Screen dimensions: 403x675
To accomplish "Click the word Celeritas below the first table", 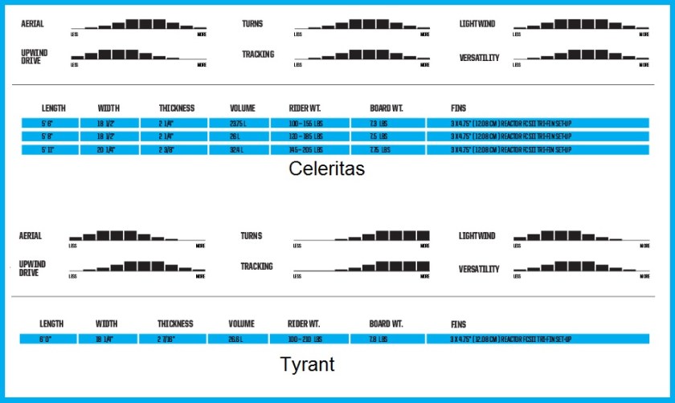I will point(326,169).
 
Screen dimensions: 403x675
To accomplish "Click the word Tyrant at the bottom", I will point(308,364).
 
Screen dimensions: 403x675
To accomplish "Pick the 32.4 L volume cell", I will point(238,150).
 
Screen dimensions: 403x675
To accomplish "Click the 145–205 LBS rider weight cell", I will point(308,150).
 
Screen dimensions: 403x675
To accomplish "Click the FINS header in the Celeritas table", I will point(459,108).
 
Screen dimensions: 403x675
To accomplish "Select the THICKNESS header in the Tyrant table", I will point(176,324).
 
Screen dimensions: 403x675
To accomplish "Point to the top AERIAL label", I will point(33,24).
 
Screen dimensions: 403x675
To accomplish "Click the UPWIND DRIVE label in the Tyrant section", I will point(33,268).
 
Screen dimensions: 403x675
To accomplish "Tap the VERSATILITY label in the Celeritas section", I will point(479,58).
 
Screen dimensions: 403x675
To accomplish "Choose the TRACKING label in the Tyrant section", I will point(257,267).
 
